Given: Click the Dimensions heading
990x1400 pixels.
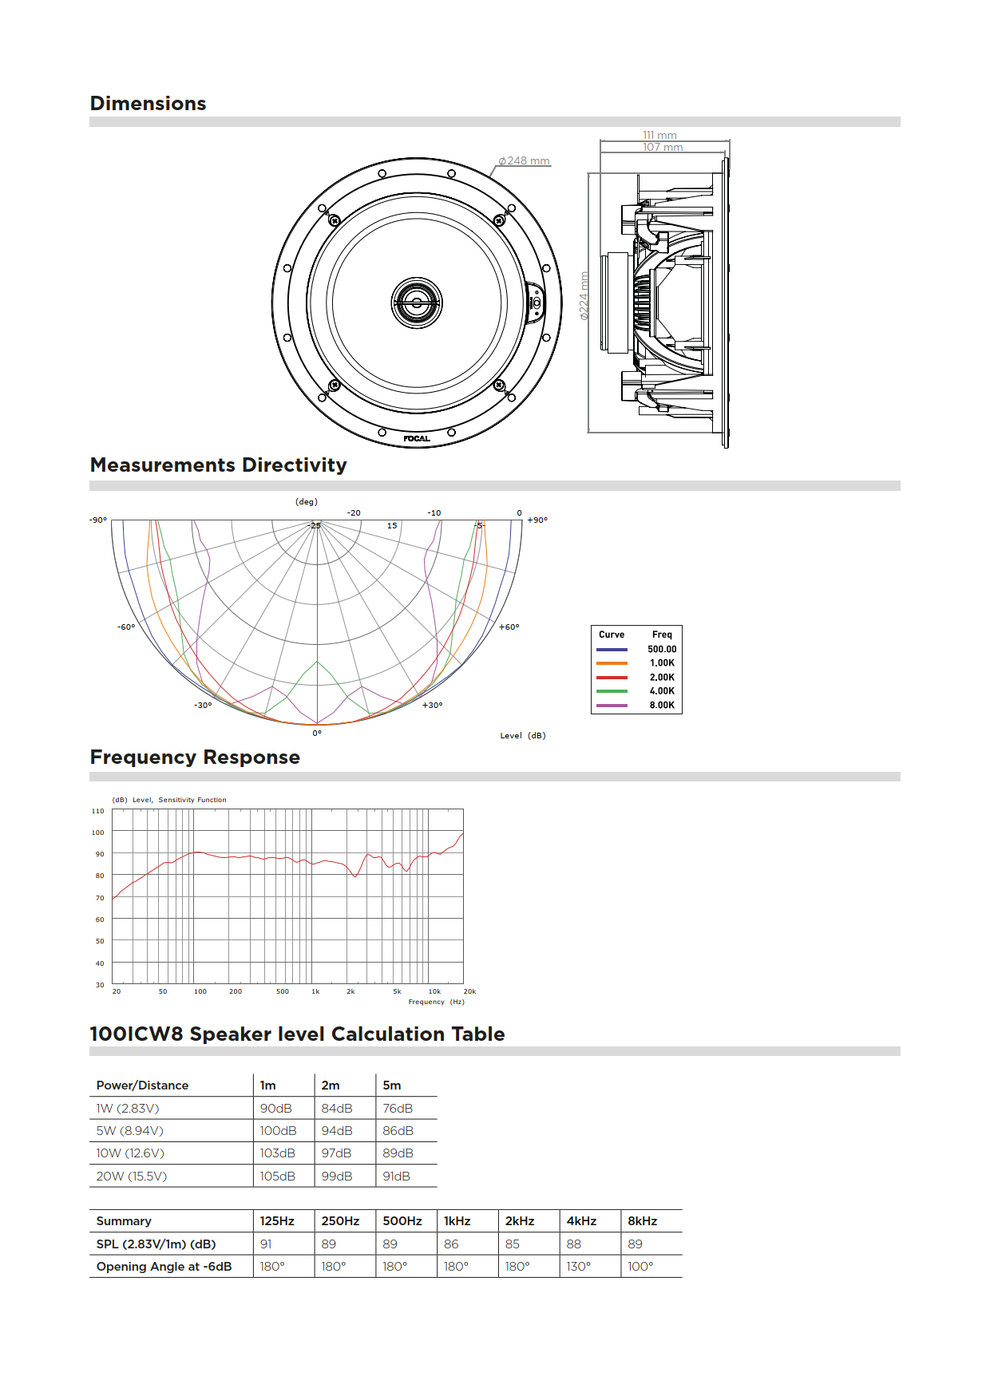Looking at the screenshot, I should coord(148,104).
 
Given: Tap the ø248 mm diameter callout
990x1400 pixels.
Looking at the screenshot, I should coord(524,161).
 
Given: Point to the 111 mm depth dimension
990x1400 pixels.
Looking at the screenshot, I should coord(659,135).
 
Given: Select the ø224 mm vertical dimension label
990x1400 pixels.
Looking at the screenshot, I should coord(584,296).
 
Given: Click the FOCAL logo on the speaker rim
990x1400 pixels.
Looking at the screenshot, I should coord(416,438).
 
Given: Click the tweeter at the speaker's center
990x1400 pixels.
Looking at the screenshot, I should coord(416,303).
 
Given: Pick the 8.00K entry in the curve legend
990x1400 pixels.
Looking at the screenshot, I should coord(661,706).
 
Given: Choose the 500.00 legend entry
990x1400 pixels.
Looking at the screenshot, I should coord(661,650).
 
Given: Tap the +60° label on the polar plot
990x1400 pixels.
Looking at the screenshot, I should coord(509,627).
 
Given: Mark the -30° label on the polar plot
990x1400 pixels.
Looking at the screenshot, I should coord(203,706).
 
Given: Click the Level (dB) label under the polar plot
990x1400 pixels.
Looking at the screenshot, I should coord(523,736).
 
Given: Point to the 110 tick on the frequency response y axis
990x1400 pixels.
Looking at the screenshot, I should coord(98,811).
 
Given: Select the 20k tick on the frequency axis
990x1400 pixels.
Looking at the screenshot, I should coord(469,991).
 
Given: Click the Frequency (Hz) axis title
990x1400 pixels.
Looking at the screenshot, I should coord(436,1002).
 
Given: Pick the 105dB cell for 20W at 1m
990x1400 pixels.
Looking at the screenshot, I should coord(277,1177).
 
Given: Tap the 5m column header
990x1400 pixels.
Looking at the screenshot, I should coord(392,1086).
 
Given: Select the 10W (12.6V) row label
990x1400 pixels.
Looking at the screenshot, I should coord(130,1153).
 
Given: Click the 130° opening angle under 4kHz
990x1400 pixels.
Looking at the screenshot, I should coord(579,1267).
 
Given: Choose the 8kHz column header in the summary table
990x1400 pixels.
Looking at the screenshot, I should coord(643,1221).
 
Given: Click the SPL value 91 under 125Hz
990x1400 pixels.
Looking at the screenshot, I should coord(266,1244).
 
